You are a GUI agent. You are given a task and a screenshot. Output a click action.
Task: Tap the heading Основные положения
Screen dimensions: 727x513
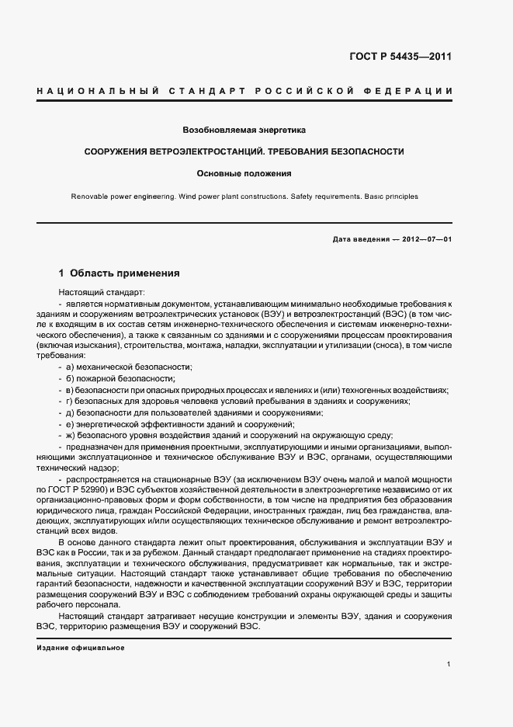click(x=244, y=173)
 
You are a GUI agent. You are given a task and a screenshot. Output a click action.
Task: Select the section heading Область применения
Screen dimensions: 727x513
click(x=125, y=273)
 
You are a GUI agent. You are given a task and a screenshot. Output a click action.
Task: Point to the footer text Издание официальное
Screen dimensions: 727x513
click(x=81, y=648)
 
